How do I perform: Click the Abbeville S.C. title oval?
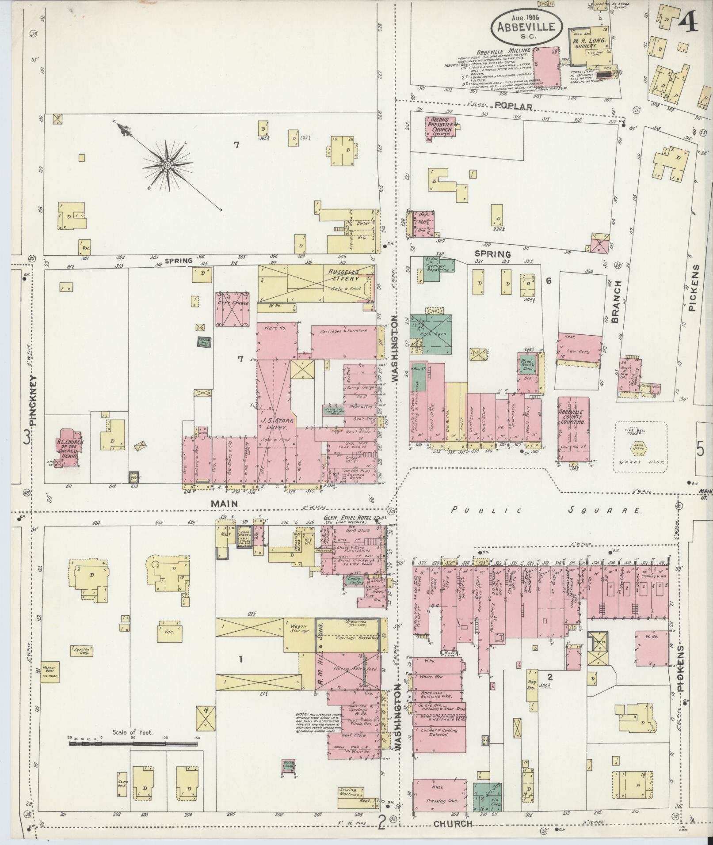tap(526, 25)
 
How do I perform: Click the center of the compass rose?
tap(168, 165)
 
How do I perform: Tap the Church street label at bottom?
tap(453, 823)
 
